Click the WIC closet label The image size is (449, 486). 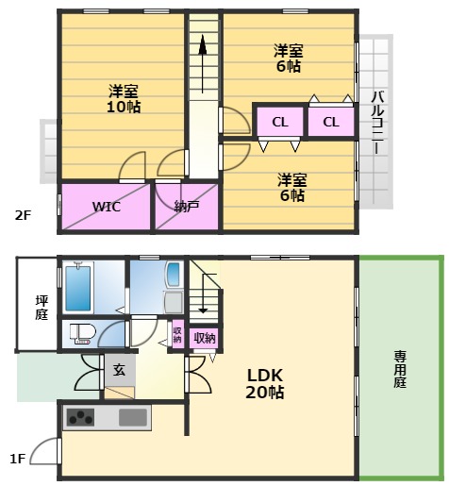pos(107,207)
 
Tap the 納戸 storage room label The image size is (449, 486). pos(187,207)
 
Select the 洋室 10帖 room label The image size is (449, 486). pos(124,99)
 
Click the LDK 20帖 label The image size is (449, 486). pos(265,384)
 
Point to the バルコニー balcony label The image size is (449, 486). pos(377,123)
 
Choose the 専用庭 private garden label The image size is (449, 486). pos(400,370)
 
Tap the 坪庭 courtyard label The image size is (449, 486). pos(42,308)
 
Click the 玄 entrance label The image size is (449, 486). pos(120,370)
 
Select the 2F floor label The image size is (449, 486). pos(24,215)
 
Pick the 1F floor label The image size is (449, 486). pos(18,459)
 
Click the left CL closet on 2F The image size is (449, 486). pos(280,122)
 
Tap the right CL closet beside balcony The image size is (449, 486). pos(331,122)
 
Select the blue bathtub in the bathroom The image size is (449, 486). pos(78,288)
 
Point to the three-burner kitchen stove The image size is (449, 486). pos(80,417)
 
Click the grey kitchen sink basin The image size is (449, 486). pos(133,417)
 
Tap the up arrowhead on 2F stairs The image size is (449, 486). pos(203,44)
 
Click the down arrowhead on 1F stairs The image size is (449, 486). pos(203,310)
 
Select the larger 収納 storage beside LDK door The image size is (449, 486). pos(205,338)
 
